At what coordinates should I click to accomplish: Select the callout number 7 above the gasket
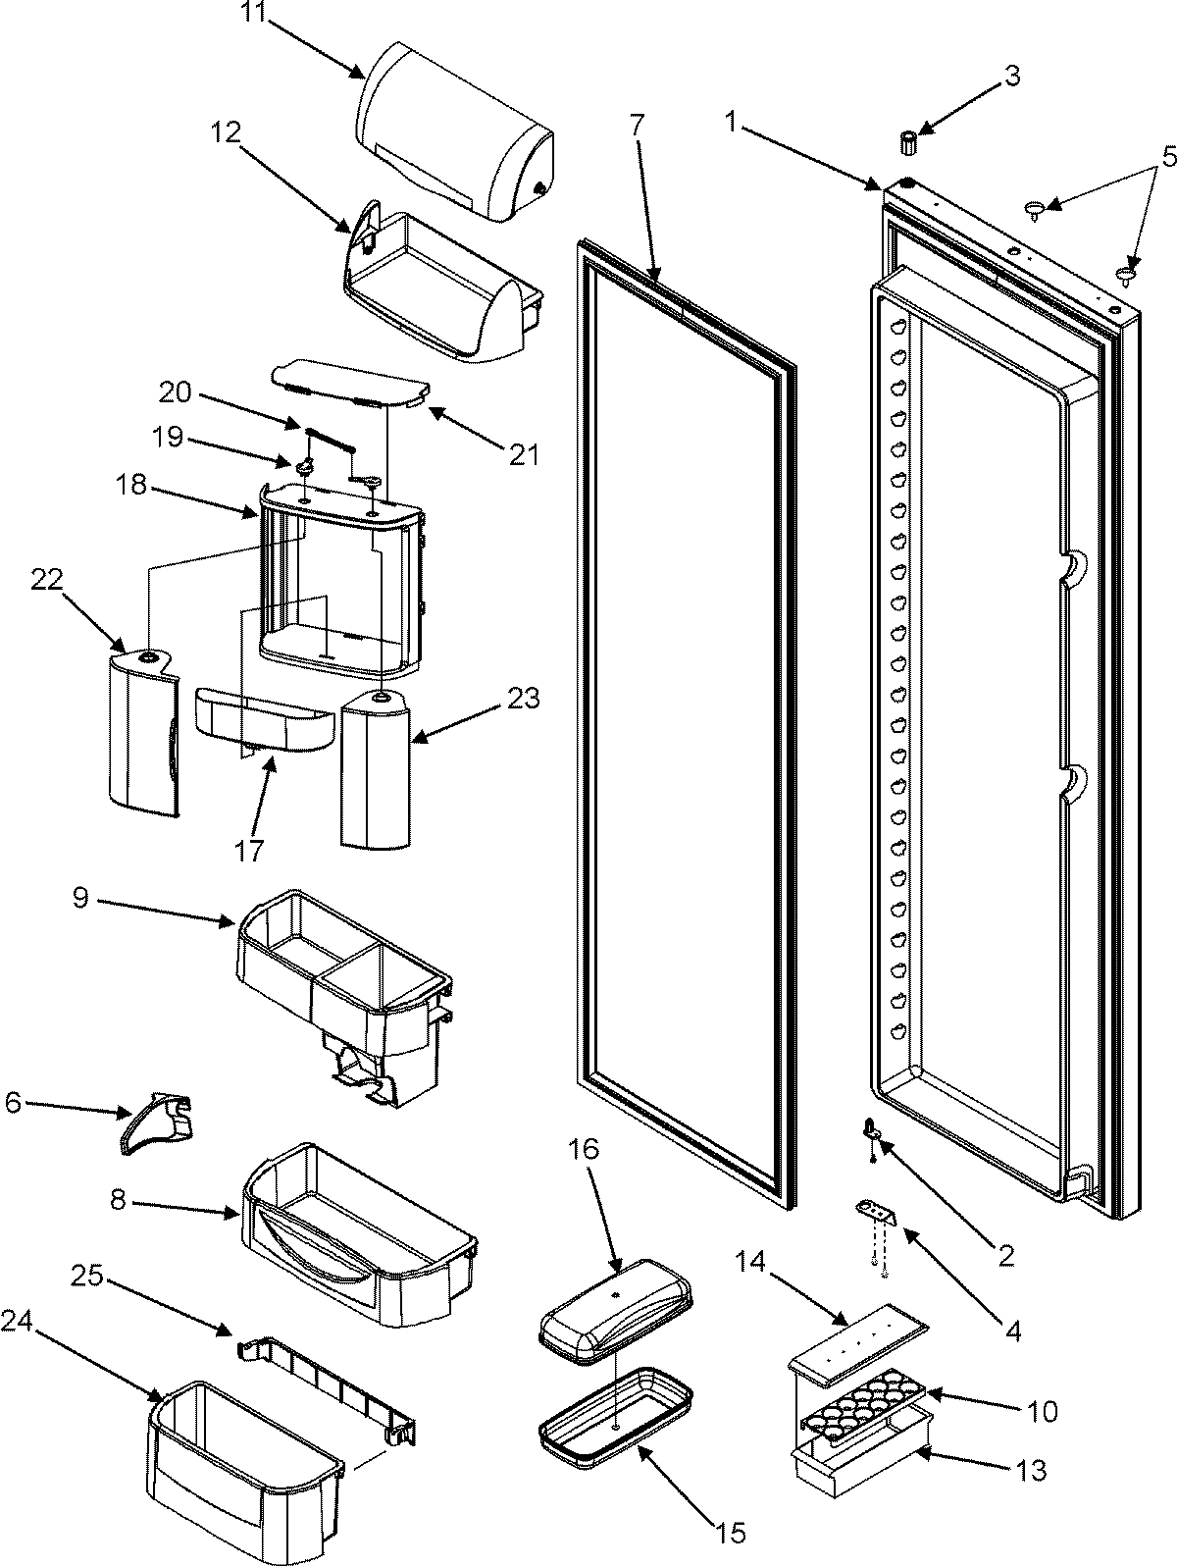click(x=638, y=125)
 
